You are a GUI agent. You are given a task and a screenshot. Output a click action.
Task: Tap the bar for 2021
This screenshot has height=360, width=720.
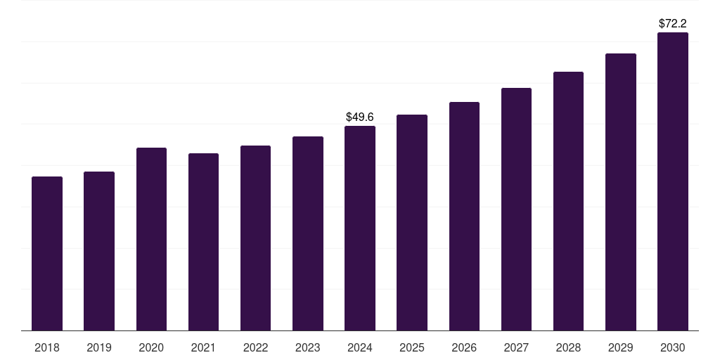point(203,242)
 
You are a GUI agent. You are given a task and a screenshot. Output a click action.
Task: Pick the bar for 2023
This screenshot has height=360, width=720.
point(308,233)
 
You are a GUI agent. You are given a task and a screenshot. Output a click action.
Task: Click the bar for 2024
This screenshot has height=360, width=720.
point(360,228)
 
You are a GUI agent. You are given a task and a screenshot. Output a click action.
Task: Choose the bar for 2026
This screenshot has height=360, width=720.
point(464,216)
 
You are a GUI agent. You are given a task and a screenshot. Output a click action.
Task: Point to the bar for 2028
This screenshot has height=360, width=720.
point(568,201)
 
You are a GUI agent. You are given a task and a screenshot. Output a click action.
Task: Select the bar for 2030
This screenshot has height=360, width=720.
point(673,181)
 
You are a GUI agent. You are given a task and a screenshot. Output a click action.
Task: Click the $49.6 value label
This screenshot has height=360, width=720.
point(360,117)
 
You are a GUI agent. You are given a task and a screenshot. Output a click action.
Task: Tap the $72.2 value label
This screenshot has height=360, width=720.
point(673,23)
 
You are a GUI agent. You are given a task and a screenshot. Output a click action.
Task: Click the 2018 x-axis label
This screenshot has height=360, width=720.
point(47,347)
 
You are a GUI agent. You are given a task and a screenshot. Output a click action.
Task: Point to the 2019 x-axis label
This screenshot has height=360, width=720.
point(99,347)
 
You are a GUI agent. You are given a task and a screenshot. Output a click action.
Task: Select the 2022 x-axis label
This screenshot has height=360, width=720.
point(255,347)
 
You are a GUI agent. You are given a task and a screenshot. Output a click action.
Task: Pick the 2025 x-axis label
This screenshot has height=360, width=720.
point(412,347)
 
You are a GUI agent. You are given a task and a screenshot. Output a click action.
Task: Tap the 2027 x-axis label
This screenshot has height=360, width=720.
point(516,347)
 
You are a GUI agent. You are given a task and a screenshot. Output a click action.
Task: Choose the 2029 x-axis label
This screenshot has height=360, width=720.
point(621,347)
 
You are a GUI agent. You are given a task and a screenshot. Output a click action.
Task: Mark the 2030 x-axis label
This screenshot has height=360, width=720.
point(673,347)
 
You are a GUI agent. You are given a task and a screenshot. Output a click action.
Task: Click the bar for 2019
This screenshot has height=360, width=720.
point(99,251)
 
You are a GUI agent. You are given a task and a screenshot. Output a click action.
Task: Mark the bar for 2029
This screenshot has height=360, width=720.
point(621,192)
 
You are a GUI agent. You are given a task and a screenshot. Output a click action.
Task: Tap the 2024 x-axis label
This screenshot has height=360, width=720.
point(360,347)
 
